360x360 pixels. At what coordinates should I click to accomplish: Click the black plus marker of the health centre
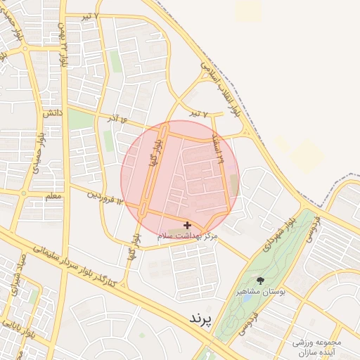(x=186, y=225)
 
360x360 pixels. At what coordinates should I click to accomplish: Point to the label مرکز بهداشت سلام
(x=187, y=238)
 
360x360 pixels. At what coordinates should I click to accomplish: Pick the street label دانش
(x=52, y=112)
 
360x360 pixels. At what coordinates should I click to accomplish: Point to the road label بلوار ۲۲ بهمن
(x=63, y=50)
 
